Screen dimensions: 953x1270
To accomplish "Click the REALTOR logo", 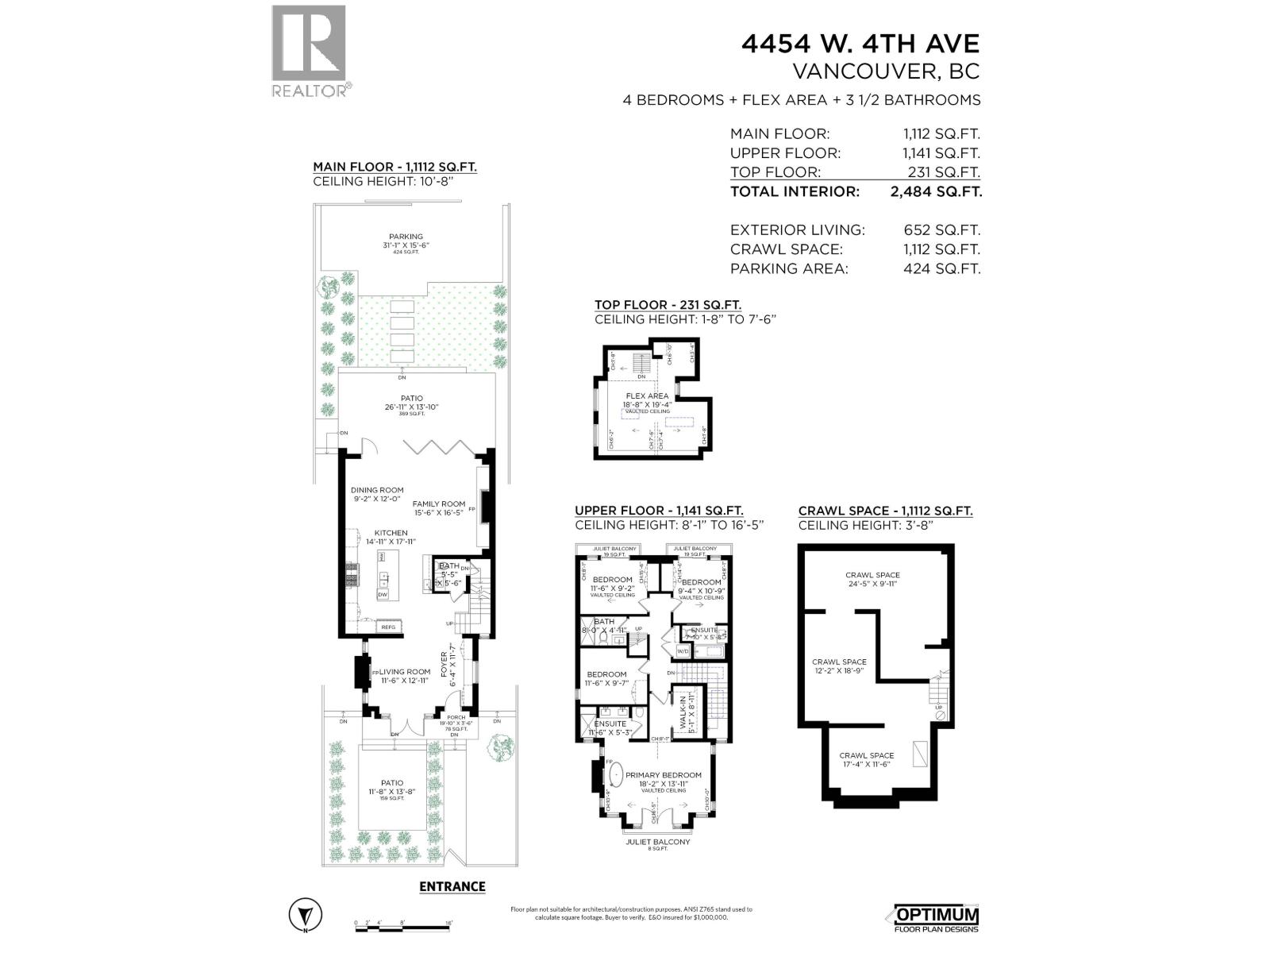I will (309, 51).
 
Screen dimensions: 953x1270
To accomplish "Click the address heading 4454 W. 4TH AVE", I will (860, 43).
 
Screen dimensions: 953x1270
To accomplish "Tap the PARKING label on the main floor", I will (406, 237).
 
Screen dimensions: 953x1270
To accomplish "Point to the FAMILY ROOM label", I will (438, 504).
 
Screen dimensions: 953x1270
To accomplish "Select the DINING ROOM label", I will (377, 490).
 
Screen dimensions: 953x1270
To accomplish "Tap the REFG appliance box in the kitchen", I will (389, 627).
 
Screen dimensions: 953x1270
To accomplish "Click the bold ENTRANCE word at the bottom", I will (452, 886).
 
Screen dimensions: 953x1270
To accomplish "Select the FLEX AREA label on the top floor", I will (647, 395).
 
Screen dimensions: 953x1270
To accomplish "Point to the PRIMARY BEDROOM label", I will (664, 775).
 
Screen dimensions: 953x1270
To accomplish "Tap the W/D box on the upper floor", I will (683, 651).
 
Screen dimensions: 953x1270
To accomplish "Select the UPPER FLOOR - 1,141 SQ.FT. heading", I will (659, 511).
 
